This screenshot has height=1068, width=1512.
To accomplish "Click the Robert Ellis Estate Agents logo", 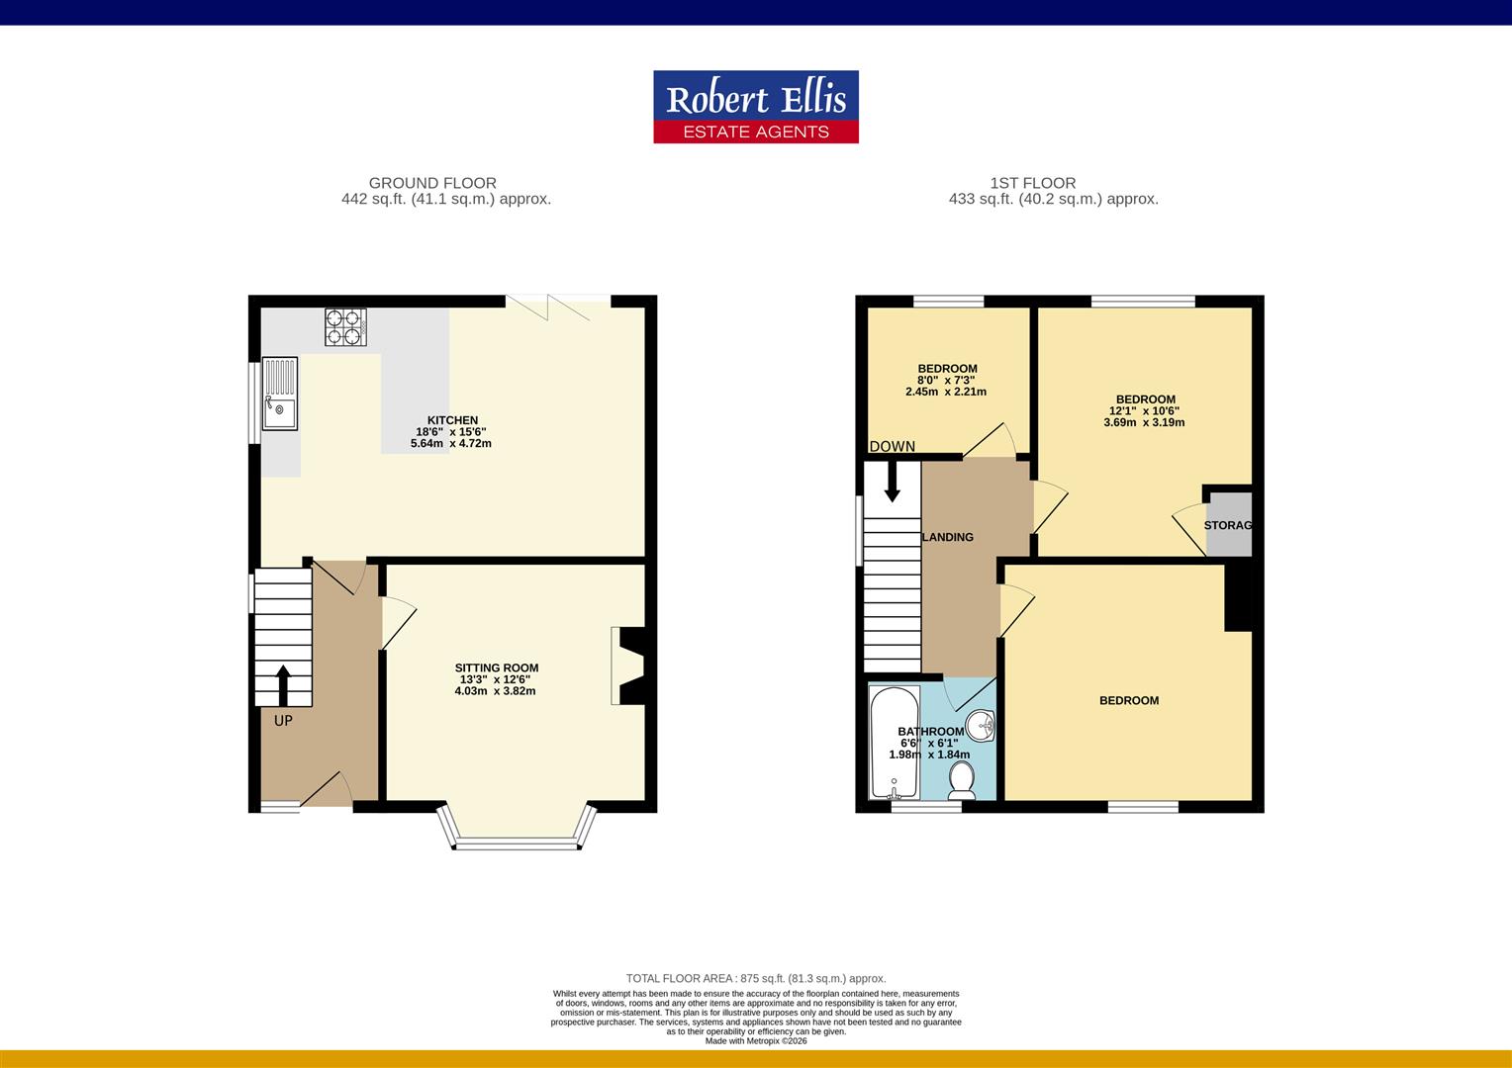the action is (x=756, y=107).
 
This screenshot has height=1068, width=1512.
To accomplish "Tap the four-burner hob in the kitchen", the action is (x=345, y=327).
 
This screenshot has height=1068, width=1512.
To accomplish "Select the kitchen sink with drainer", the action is (x=279, y=394).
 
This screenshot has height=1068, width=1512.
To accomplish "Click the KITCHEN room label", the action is (x=452, y=420).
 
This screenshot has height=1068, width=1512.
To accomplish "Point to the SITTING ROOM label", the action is (x=497, y=667).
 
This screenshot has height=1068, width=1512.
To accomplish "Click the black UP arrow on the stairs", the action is (x=283, y=685).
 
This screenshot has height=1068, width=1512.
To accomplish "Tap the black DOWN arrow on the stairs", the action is (x=893, y=482).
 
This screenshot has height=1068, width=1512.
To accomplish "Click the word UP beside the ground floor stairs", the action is (x=283, y=721).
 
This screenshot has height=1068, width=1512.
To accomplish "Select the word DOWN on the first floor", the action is (x=893, y=446).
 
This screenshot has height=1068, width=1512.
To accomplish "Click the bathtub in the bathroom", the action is (x=894, y=743).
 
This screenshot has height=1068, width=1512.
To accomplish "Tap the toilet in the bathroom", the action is (x=961, y=780).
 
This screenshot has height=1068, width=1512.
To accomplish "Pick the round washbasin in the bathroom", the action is (x=981, y=726).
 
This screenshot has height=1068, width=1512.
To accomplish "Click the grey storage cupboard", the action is (x=1229, y=524).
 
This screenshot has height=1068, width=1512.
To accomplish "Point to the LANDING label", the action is (x=948, y=537).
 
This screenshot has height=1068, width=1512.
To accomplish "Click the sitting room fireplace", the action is (x=628, y=667).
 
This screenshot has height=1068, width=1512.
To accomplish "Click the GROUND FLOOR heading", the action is (x=432, y=183).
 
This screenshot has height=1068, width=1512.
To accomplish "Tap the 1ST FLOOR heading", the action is (x=1033, y=183).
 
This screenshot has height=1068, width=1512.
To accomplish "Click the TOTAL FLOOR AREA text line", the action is (x=756, y=978).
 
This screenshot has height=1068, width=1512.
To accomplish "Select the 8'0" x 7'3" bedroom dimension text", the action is (x=946, y=380).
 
